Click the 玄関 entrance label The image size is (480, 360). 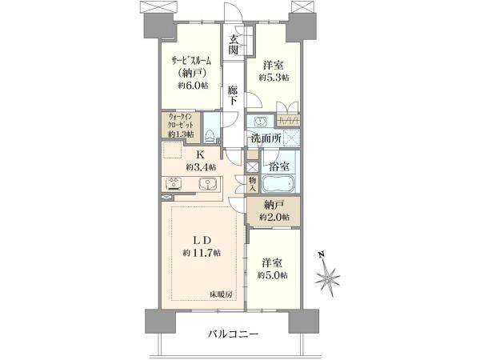pyautogui.click(x=234, y=44)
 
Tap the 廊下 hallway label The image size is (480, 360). pyautogui.click(x=233, y=95)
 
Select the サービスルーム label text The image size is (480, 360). pyautogui.click(x=191, y=61)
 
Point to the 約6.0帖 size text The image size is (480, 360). pyautogui.click(x=193, y=86)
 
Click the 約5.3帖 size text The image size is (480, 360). pyautogui.click(x=274, y=78)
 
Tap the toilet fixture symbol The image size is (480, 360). pyautogui.click(x=210, y=136)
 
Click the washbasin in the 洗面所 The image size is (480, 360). pyautogui.click(x=261, y=122)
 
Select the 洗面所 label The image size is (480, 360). pyautogui.click(x=266, y=138)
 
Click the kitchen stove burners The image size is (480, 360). pyautogui.click(x=174, y=184)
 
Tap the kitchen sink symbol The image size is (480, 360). pyautogui.click(x=207, y=184)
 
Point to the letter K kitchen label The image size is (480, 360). pyautogui.click(x=199, y=155)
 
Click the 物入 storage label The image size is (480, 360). pyautogui.click(x=253, y=184)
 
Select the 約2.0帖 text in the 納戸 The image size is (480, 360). pyautogui.click(x=274, y=218)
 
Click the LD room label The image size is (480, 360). pyautogui.click(x=202, y=240)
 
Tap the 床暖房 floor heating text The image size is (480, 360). pyautogui.click(x=221, y=294)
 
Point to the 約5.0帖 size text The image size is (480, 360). pyautogui.click(x=273, y=275)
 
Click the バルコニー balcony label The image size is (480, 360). pyautogui.click(x=234, y=334)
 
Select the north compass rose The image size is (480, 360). pyautogui.click(x=327, y=277)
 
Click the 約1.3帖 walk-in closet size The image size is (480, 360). pyautogui.click(x=181, y=134)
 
